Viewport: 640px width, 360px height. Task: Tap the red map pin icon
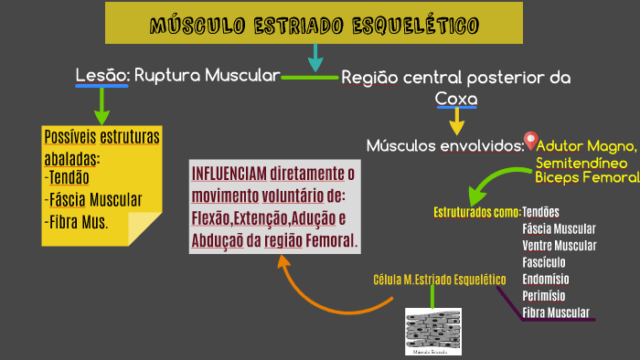point(529,142)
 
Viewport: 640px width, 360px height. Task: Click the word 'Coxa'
point(456,98)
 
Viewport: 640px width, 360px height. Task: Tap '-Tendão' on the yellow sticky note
point(67,177)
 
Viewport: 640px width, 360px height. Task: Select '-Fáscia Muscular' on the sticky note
point(91,199)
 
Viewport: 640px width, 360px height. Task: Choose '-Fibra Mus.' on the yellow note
point(76,221)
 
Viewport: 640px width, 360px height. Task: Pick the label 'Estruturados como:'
point(475,212)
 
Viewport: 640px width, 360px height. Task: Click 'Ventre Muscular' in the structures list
point(559,246)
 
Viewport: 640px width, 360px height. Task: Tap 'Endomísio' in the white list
point(546,279)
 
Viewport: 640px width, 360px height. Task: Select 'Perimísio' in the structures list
point(544,296)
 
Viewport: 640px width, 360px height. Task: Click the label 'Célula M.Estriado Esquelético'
point(439,279)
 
